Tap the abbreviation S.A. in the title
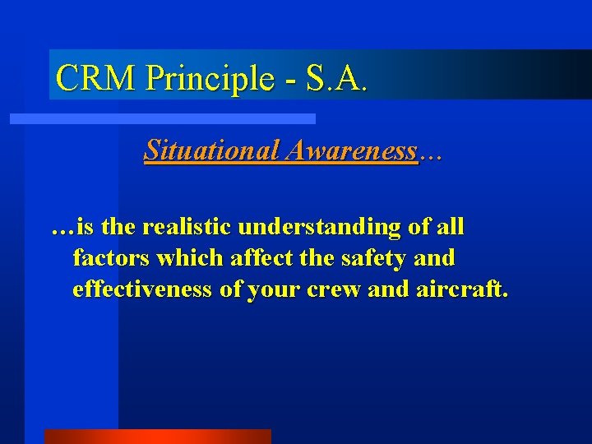(336, 78)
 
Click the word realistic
(188, 226)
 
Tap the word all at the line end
(449, 226)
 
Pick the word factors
(112, 258)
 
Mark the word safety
(374, 258)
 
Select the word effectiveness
(143, 290)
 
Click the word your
(264, 291)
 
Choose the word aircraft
(465, 290)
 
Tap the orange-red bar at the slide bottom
(157, 437)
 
